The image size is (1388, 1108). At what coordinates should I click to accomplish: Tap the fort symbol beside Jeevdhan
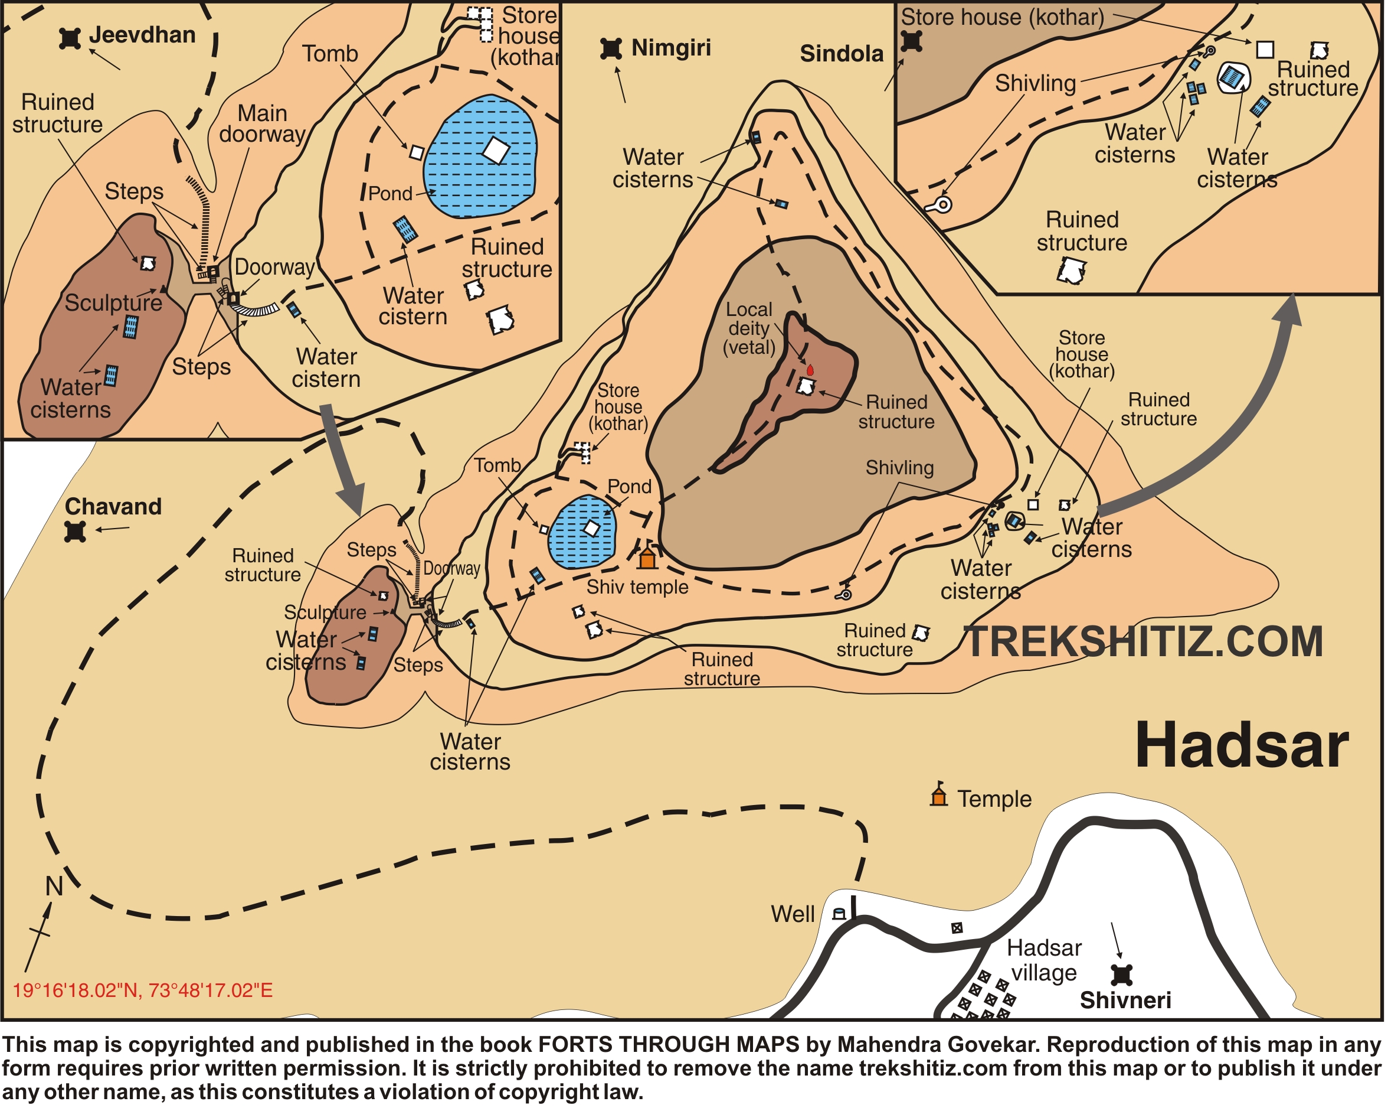(x=70, y=38)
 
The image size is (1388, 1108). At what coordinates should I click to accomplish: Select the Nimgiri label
(x=672, y=48)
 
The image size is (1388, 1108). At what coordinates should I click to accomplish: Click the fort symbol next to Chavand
(x=76, y=532)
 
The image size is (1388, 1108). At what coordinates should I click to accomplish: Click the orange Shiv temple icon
(x=647, y=558)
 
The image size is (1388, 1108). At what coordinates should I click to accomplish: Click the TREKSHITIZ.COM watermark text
(x=1145, y=642)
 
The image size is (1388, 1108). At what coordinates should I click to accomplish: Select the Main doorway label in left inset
(x=262, y=123)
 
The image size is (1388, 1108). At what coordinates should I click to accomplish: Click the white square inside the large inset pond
(x=496, y=150)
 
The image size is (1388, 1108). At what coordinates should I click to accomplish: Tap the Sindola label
(x=842, y=54)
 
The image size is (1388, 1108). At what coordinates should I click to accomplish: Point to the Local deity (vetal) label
(x=749, y=328)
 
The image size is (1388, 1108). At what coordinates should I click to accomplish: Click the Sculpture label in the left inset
(x=113, y=303)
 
